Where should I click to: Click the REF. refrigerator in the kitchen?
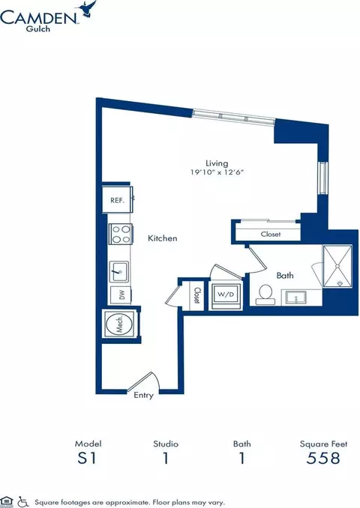117,199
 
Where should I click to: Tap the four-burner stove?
120,234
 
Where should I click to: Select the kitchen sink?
119,271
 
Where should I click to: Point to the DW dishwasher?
121,295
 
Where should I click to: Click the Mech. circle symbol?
119,324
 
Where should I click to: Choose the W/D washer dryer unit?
226,295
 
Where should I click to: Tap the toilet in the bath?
265,294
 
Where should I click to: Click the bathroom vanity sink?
295,297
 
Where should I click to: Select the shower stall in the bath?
337,266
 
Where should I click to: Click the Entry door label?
143,396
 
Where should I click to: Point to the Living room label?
217,163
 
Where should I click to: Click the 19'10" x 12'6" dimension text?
217,172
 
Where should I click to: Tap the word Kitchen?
163,238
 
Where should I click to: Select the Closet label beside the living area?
271,234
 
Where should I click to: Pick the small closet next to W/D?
196,295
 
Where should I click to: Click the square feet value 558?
323,458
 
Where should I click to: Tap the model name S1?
87,458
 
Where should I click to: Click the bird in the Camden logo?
85,8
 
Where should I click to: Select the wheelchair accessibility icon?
22,501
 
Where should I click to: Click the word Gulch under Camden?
38,28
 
